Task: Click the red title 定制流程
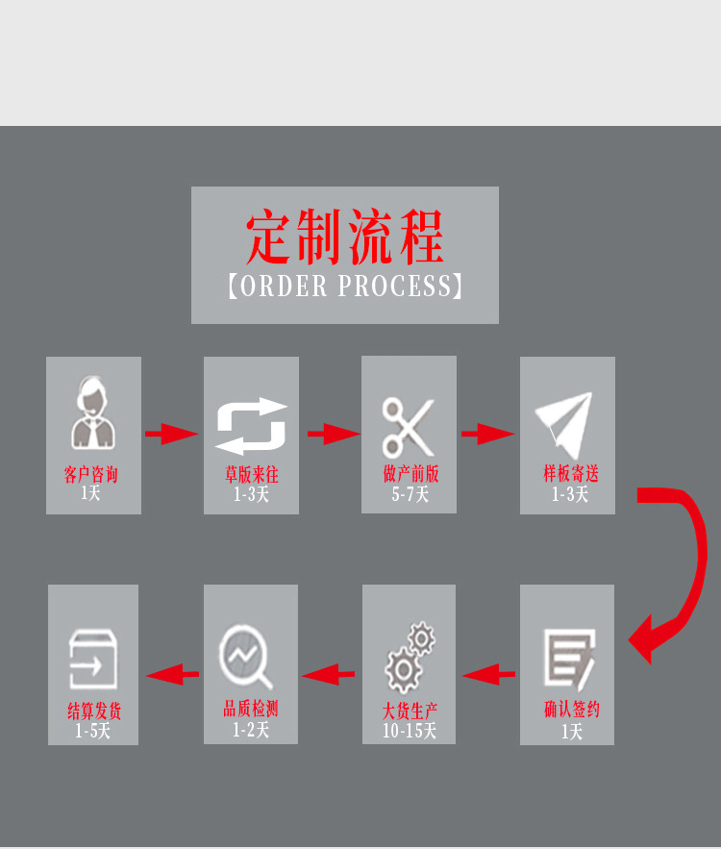344,237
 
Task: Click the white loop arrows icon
251,426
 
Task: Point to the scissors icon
409,426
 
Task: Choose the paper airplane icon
566,424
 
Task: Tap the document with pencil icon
569,660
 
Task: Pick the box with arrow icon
92,659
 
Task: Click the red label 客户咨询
91,475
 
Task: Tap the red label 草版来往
251,475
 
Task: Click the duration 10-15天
410,732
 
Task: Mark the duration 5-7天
410,495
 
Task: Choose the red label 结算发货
94,712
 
